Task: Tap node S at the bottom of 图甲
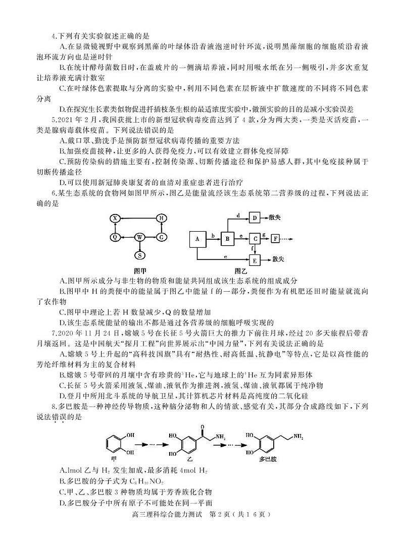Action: click(140, 255)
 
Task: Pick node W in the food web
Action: click(140, 237)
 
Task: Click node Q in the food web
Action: click(115, 237)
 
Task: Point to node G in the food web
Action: click(161, 237)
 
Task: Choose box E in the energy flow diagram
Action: click(255, 260)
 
